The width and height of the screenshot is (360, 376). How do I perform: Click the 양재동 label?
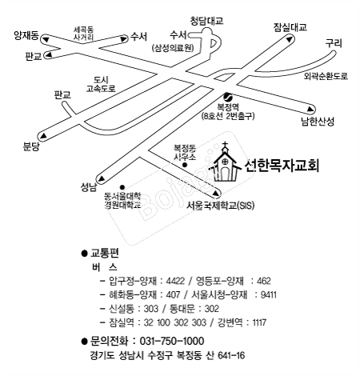pyautogui.click(x=26, y=35)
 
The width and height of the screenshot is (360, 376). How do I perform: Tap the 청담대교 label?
pyautogui.click(x=206, y=21)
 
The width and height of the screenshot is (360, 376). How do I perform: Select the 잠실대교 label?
pyautogui.click(x=290, y=27)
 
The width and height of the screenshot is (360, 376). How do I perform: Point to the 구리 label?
pyautogui.click(x=334, y=43)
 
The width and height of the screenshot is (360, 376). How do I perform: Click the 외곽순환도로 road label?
pyautogui.click(x=326, y=76)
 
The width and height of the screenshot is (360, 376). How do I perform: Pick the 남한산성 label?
pyautogui.click(x=318, y=122)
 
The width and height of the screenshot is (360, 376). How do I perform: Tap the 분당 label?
pyautogui.click(x=31, y=146)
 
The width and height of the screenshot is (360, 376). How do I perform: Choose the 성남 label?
pyautogui.click(x=89, y=187)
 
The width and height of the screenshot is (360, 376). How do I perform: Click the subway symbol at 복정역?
pyautogui.click(x=227, y=96)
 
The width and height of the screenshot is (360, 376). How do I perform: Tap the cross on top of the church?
pyautogui.click(x=226, y=146)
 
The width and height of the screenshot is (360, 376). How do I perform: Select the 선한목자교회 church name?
pyautogui.click(x=282, y=166)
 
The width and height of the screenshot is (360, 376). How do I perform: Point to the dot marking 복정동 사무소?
pyautogui.click(x=184, y=165)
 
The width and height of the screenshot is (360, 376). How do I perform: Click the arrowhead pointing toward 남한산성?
pyautogui.click(x=310, y=109)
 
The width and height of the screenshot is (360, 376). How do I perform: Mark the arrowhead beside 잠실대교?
pyautogui.click(x=289, y=39)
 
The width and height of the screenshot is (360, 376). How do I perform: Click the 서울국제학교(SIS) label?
pyautogui.click(x=220, y=206)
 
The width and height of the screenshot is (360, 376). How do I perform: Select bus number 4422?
pyautogui.click(x=175, y=281)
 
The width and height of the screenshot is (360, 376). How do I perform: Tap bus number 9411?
pyautogui.click(x=269, y=294)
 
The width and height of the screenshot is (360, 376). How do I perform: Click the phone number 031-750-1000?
pyautogui.click(x=172, y=341)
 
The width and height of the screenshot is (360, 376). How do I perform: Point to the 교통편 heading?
pyautogui.click(x=105, y=253)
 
